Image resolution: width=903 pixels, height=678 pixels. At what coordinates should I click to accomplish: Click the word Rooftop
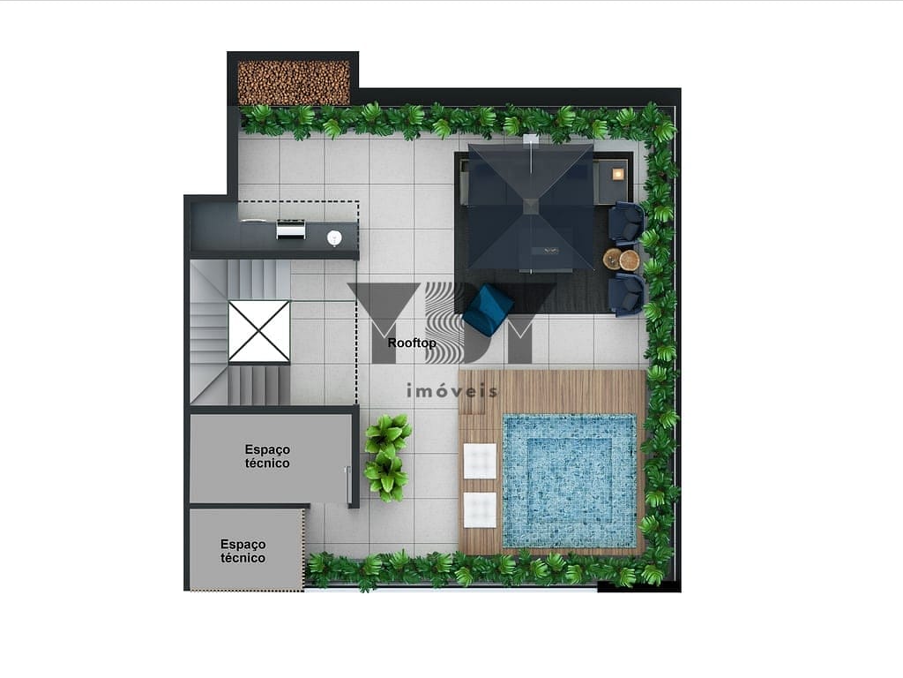(x=412, y=343)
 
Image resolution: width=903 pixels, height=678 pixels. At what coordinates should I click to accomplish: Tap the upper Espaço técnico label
(x=267, y=456)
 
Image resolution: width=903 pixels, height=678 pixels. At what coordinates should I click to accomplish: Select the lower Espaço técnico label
(x=243, y=551)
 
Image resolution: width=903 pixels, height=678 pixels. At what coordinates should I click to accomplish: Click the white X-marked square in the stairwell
(x=259, y=332)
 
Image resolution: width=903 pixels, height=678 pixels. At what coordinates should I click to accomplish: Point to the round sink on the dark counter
(x=334, y=237)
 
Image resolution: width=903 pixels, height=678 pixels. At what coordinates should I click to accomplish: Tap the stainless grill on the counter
(x=291, y=229)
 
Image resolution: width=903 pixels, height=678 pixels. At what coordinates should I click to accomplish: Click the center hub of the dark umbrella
(x=530, y=206)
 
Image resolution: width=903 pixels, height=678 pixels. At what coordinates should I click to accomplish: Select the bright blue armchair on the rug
(x=488, y=309)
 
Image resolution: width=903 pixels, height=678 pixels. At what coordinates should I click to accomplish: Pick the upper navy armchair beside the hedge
(x=627, y=223)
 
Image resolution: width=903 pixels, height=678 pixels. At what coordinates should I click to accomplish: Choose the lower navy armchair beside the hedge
(x=628, y=294)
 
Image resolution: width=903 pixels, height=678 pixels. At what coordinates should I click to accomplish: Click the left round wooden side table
(x=612, y=260)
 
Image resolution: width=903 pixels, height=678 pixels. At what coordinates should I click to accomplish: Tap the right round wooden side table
(x=630, y=260)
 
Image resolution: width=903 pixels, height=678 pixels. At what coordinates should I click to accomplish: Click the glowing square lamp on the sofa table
(x=618, y=174)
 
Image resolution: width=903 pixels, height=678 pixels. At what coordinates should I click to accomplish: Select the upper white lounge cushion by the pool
(x=480, y=461)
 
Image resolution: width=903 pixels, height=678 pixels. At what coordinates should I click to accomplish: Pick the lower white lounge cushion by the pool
(x=480, y=509)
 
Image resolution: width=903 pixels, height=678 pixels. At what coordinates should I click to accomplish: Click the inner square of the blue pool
(x=569, y=480)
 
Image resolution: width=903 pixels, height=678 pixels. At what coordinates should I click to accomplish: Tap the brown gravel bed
(x=294, y=82)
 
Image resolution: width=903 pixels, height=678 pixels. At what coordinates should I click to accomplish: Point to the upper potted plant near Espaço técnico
(x=388, y=433)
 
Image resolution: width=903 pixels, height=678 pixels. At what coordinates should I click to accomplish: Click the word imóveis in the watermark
(x=451, y=391)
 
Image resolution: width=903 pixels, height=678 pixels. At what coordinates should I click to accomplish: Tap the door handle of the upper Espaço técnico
(x=347, y=485)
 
